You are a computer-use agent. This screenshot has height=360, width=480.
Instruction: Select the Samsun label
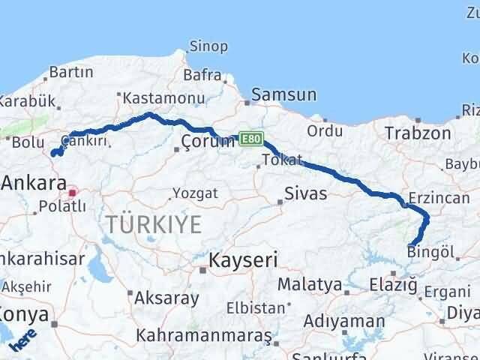pos(283,94)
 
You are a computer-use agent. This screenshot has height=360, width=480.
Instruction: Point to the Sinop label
pos(208,46)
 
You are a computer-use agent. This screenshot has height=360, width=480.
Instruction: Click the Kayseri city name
pos(242,260)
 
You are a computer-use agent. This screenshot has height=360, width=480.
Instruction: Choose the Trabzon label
pos(418,133)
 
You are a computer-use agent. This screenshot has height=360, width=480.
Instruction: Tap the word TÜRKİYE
pos(153,223)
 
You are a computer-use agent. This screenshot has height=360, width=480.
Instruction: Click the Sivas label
pos(305,194)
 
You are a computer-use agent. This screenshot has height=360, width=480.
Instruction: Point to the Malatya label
pos(304,284)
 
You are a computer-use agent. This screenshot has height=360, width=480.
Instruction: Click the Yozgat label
pos(196,193)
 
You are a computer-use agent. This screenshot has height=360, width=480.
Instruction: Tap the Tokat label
pos(283,160)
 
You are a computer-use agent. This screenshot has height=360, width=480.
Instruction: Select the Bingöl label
pos(430,252)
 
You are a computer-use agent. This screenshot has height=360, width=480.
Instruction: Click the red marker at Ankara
pos(73,193)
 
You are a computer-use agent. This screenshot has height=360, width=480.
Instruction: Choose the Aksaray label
pos(166,298)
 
